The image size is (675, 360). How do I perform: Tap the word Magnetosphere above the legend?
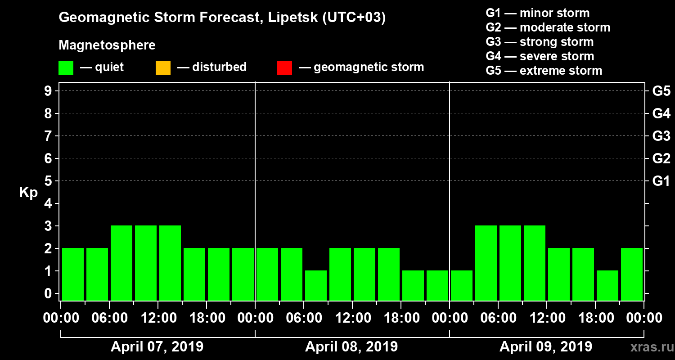(107, 45)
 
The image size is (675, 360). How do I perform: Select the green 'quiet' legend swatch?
(66, 68)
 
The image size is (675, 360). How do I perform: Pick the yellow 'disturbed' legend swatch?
(163, 68)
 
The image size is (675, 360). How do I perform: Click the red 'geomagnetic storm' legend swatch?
(284, 68)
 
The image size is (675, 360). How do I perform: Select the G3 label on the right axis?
(661, 136)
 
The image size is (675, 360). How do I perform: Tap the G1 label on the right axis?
(661, 181)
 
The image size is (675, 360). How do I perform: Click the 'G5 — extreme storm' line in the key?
(544, 71)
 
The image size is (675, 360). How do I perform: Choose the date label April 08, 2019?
(351, 347)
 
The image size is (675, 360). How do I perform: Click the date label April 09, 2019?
(546, 347)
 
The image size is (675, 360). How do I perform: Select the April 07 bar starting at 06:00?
(121, 263)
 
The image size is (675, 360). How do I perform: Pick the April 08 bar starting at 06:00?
(316, 285)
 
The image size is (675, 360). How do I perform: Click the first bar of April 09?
(462, 285)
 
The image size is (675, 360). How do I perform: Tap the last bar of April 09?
(632, 274)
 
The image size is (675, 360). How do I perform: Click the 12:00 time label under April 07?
(158, 318)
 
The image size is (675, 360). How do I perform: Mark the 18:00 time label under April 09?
(595, 318)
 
